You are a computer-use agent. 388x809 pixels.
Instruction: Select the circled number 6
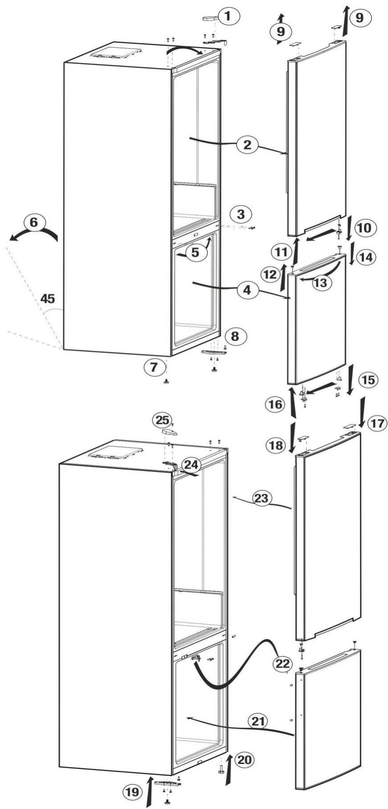33,222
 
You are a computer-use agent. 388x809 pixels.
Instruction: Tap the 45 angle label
48,299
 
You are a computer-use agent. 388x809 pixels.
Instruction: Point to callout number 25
162,420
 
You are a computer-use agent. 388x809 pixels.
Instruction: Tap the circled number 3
240,214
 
